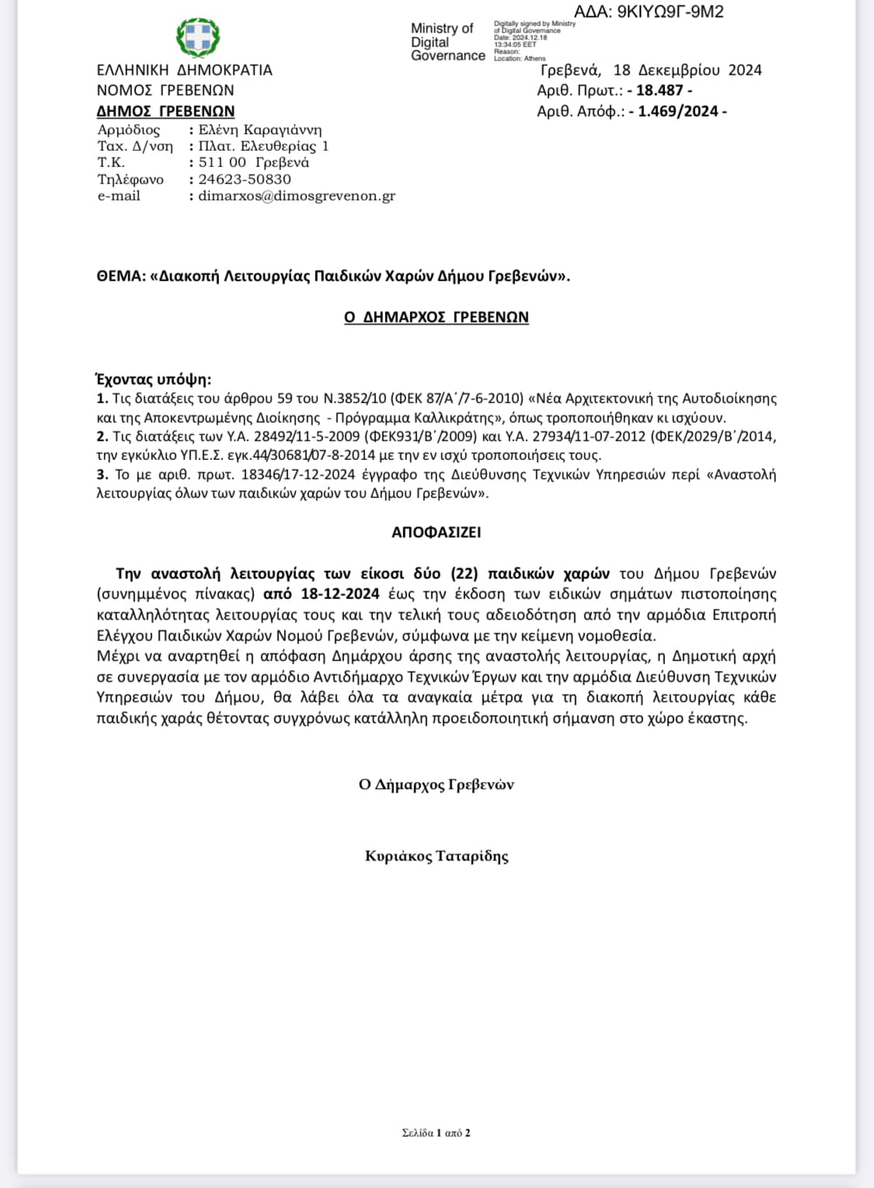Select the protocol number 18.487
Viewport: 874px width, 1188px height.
click(660, 90)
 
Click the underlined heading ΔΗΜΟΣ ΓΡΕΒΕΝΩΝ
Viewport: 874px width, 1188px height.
click(165, 111)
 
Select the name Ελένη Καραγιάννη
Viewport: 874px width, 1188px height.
click(259, 130)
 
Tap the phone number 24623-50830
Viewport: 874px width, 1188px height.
click(245, 179)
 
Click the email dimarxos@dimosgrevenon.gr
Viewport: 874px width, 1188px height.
click(297, 196)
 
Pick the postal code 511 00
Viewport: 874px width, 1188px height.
click(222, 162)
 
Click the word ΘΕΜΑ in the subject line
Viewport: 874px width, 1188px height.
click(120, 276)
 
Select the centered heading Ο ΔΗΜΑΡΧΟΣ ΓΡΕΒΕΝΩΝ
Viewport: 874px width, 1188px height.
click(437, 317)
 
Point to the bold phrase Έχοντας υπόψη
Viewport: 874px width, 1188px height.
click(153, 379)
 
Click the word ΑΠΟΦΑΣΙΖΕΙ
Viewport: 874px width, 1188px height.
click(437, 532)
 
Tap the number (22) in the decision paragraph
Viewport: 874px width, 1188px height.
click(463, 573)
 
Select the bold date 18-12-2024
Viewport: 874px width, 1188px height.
click(340, 594)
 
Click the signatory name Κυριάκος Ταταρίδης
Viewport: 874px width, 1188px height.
click(437, 856)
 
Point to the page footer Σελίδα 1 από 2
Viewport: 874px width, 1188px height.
click(436, 1133)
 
